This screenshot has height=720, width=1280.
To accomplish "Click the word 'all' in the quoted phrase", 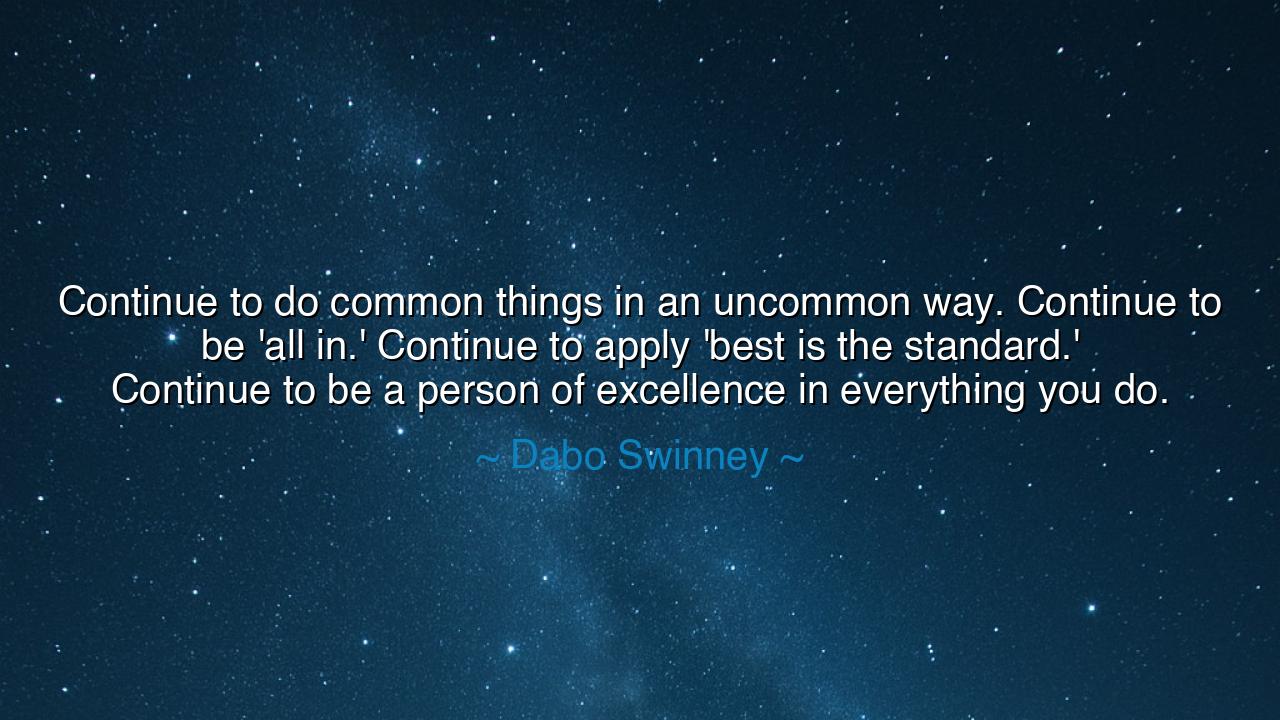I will click(283, 346).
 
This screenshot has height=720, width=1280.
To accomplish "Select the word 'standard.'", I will click(993, 346).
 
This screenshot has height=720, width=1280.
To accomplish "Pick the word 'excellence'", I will click(691, 389).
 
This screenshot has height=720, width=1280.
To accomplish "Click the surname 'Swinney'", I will click(692, 457).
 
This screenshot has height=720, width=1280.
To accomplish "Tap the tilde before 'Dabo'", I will click(488, 457).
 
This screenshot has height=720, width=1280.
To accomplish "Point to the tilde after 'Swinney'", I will click(790, 457).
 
